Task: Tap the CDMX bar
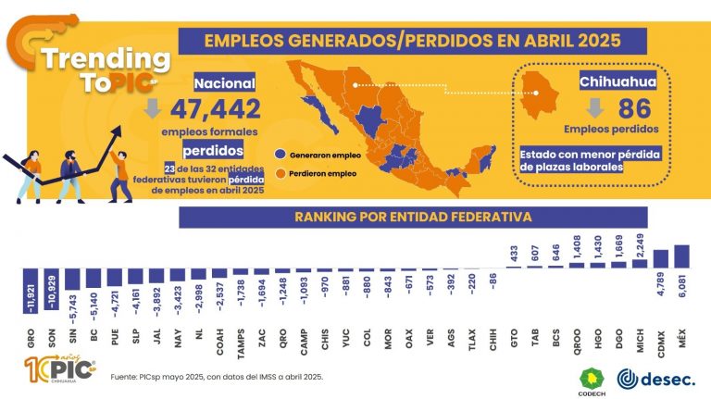(x=661, y=260)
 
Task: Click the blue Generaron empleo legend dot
(x=281, y=156)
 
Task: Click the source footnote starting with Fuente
(x=218, y=378)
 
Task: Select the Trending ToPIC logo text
(x=104, y=69)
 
